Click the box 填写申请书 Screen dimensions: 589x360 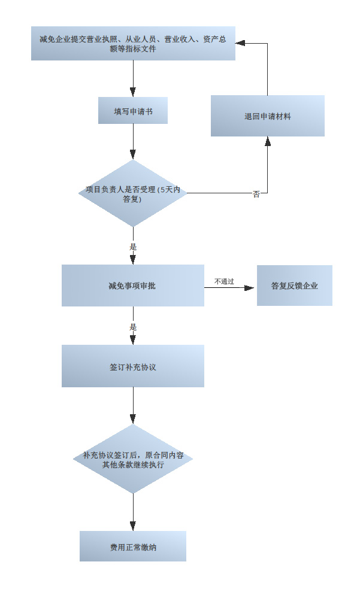pos(132,111)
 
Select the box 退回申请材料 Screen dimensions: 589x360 pos(267,116)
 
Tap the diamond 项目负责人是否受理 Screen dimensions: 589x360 pos(133,193)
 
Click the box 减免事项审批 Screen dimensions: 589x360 pos(132,286)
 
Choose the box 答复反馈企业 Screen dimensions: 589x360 pos(294,286)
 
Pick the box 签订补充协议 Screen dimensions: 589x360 pos(132,366)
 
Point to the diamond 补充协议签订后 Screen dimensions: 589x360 pos(133,459)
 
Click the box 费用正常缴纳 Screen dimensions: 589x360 pos(132,546)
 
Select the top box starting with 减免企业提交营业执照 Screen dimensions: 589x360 pos(132,43)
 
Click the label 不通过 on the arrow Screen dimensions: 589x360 pos(224,281)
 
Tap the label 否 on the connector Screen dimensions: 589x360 pos(256,194)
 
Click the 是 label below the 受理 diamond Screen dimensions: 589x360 pos(133,246)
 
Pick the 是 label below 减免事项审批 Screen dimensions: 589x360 pos(133,327)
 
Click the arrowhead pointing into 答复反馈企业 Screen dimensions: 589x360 pos(249,288)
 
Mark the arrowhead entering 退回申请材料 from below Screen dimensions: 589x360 pos(268,141)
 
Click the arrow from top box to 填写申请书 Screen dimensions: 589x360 pos(132,78)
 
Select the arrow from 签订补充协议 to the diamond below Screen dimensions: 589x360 pos(132,405)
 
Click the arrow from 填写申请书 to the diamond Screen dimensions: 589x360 pos(132,141)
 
